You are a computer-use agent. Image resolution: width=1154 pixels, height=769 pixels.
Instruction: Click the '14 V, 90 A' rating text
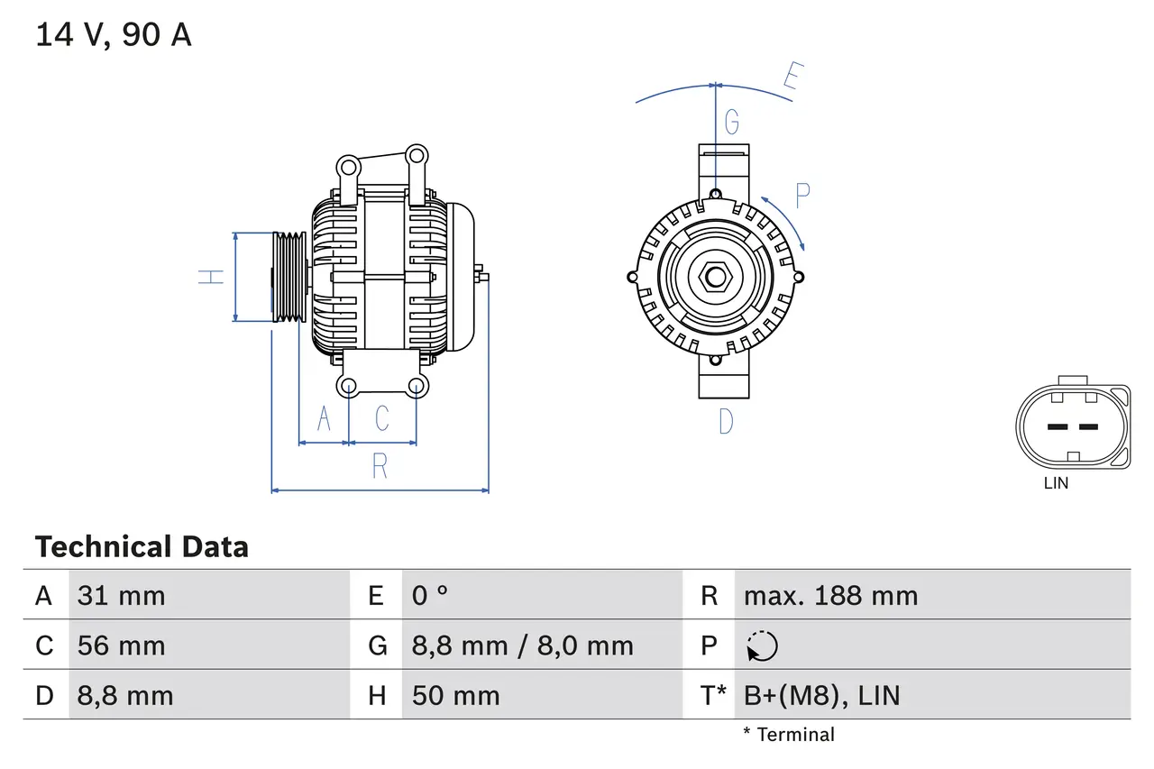point(113,34)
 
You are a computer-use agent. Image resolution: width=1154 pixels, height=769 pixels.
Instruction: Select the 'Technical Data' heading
point(142,547)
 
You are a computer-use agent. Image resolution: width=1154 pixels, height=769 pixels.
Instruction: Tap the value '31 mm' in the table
point(122,596)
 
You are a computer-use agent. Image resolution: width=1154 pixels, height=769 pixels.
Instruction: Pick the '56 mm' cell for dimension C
point(122,645)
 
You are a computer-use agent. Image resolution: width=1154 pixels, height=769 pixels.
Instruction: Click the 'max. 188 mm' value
point(829,596)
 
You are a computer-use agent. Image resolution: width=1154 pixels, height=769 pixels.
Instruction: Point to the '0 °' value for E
point(430,596)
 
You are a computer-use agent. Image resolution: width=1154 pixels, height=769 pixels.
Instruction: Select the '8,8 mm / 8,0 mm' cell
point(522,645)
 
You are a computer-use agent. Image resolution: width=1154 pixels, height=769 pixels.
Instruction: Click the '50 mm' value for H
point(455,695)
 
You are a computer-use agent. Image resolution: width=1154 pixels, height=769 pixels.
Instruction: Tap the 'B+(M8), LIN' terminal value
point(821,695)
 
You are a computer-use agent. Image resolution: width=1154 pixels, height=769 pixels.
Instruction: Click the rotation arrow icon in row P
point(762,645)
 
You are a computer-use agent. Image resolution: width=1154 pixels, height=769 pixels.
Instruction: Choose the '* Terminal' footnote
point(789,735)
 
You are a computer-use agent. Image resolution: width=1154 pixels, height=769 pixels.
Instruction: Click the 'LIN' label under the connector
point(1056,483)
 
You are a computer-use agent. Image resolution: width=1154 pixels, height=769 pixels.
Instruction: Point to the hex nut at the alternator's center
point(715,277)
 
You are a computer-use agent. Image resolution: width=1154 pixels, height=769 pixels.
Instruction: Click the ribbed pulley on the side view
point(289,277)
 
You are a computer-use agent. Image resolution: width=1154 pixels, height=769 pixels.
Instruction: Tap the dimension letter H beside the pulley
point(211,277)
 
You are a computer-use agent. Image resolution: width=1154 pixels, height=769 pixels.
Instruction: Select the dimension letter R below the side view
point(380,466)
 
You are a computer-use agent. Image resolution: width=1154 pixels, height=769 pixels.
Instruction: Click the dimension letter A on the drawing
point(325,418)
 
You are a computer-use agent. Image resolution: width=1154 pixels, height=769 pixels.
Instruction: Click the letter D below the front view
point(726,421)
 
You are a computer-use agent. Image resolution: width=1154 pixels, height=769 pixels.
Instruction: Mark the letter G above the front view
point(732,121)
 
